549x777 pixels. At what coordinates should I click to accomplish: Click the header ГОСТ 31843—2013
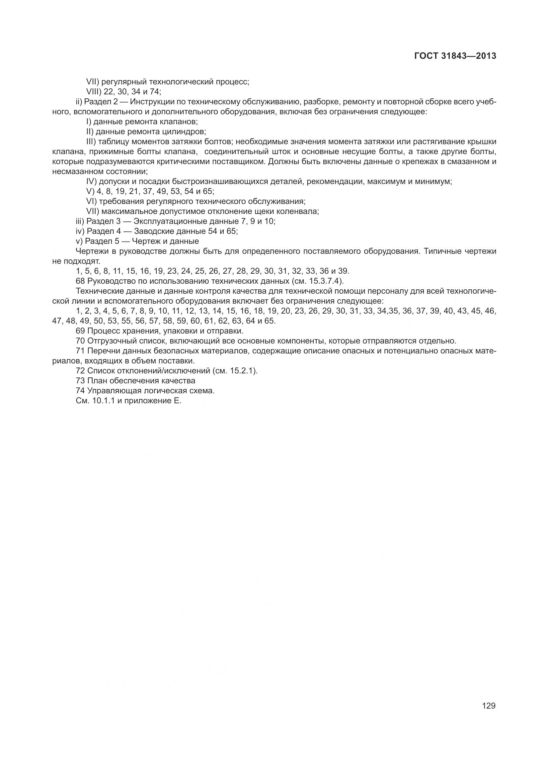(x=455, y=56)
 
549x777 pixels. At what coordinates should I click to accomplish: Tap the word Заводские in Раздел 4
(x=152, y=232)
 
